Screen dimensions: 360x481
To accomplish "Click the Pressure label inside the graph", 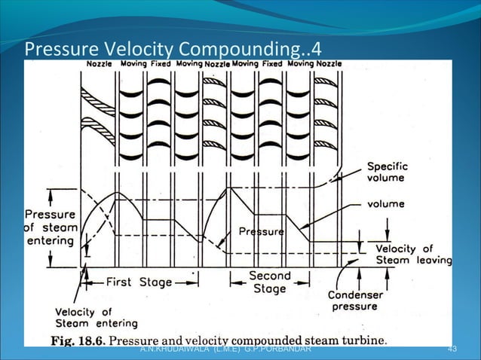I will (261, 232).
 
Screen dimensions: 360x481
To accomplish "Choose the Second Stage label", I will (269, 282).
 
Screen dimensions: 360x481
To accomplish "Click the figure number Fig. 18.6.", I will (79, 340).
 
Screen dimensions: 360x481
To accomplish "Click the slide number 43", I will (452, 350).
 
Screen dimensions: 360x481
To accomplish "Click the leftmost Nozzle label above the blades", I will (97, 64).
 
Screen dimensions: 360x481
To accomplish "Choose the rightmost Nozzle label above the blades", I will (328, 64).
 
